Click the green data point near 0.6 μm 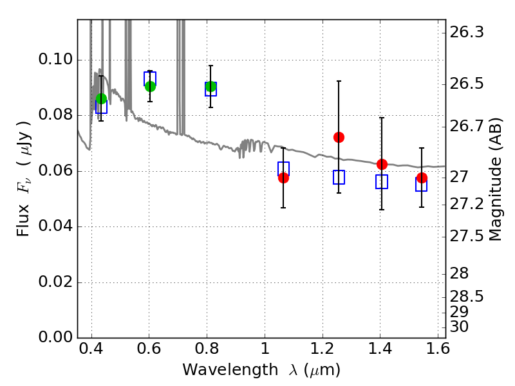[x=150, y=86]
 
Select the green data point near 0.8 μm [x=211, y=86]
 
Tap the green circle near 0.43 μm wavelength [x=102, y=98]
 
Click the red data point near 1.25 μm [x=339, y=137]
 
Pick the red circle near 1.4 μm [x=382, y=164]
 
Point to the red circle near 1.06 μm [x=283, y=178]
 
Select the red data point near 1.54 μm [x=422, y=178]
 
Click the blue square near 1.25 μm [x=339, y=178]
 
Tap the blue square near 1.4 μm [x=382, y=181]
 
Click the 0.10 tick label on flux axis [x=55, y=59]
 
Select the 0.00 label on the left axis [x=55, y=336]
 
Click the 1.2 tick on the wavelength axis [x=323, y=349]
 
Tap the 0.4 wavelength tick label [x=91, y=349]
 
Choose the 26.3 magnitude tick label [x=467, y=33]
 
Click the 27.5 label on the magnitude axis [x=467, y=236]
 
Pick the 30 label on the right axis [x=459, y=327]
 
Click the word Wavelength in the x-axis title [x=230, y=371]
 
